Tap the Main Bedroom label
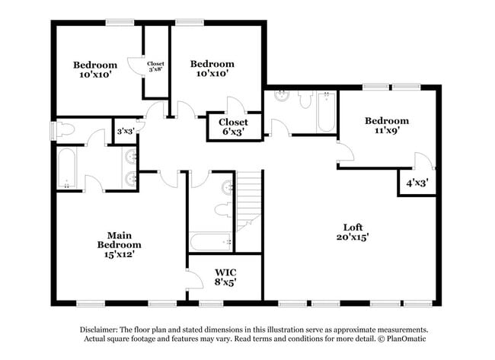[119, 240]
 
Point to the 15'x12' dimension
[119, 255]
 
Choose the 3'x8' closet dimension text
[155, 69]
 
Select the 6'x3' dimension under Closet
[232, 132]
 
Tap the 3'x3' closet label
[126, 131]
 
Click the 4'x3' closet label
[416, 183]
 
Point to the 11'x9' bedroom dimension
[386, 131]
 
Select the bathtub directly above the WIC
[212, 242]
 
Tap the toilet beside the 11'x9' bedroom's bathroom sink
[305, 99]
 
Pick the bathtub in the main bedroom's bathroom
[66, 167]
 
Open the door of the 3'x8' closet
[135, 66]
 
